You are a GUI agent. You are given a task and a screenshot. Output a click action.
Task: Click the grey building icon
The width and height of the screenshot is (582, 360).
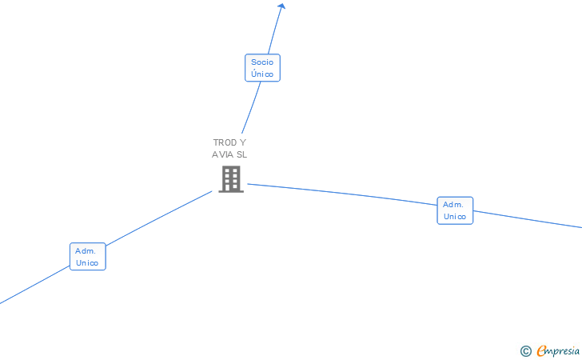point(231,179)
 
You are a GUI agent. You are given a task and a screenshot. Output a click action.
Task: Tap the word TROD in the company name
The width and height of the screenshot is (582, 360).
point(225,142)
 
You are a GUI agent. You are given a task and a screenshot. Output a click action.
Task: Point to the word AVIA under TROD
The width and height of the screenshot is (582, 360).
point(222,154)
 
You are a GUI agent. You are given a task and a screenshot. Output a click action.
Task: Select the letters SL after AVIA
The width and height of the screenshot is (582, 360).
point(241,154)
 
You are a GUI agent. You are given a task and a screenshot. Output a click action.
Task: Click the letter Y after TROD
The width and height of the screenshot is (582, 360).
point(243,142)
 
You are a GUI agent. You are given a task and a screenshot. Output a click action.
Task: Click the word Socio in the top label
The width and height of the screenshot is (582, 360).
point(262,62)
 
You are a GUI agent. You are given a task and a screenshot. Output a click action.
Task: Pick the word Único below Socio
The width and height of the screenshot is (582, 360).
point(262,74)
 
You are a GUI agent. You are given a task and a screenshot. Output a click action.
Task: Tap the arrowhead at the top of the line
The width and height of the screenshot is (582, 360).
point(281,6)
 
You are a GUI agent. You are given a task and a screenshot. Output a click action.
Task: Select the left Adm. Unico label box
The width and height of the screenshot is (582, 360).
point(87,256)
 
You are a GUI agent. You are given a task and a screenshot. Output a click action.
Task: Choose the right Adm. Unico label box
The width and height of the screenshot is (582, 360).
point(455,210)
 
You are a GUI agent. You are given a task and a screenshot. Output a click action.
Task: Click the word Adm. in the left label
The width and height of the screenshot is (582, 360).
point(86,250)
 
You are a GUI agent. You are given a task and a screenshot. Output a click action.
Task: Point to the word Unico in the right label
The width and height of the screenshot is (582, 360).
point(455,217)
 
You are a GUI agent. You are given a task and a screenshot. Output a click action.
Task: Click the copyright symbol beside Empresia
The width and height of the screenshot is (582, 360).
point(525,350)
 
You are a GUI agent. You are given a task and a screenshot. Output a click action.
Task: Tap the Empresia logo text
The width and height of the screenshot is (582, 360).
point(558,350)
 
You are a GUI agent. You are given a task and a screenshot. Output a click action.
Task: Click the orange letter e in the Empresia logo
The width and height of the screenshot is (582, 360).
point(541,351)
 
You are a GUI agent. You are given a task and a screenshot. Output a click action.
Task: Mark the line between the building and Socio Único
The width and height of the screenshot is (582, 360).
point(252,108)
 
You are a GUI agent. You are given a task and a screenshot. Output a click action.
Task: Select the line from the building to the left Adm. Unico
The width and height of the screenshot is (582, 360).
point(160,218)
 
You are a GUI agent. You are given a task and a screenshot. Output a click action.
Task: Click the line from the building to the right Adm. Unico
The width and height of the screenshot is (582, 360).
point(344,194)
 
